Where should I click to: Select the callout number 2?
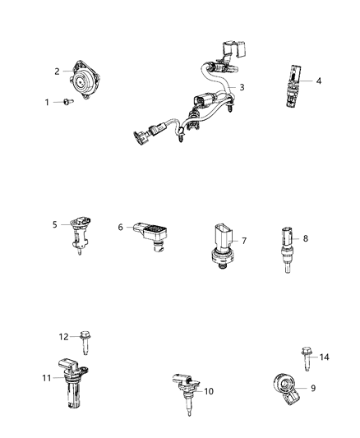pyautogui.click(x=58, y=71)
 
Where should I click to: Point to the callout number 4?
pyautogui.click(x=319, y=81)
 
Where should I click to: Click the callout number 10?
pyautogui.click(x=210, y=391)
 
